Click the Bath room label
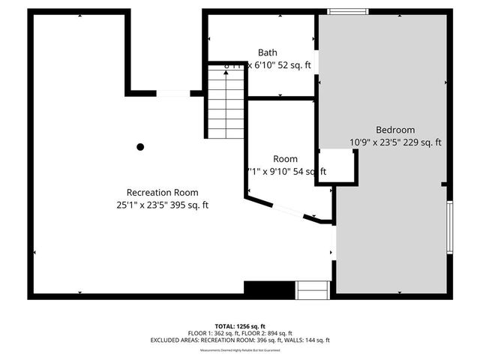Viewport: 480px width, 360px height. pyautogui.click(x=268, y=52)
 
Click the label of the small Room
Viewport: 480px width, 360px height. pyautogui.click(x=285, y=159)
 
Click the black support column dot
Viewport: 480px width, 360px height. pyautogui.click(x=140, y=147)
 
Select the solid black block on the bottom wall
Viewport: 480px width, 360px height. pyautogui.click(x=270, y=289)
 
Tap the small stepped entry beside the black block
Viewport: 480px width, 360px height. pyautogui.click(x=313, y=289)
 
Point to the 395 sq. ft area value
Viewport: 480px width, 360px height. pyautogui.click(x=193, y=205)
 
